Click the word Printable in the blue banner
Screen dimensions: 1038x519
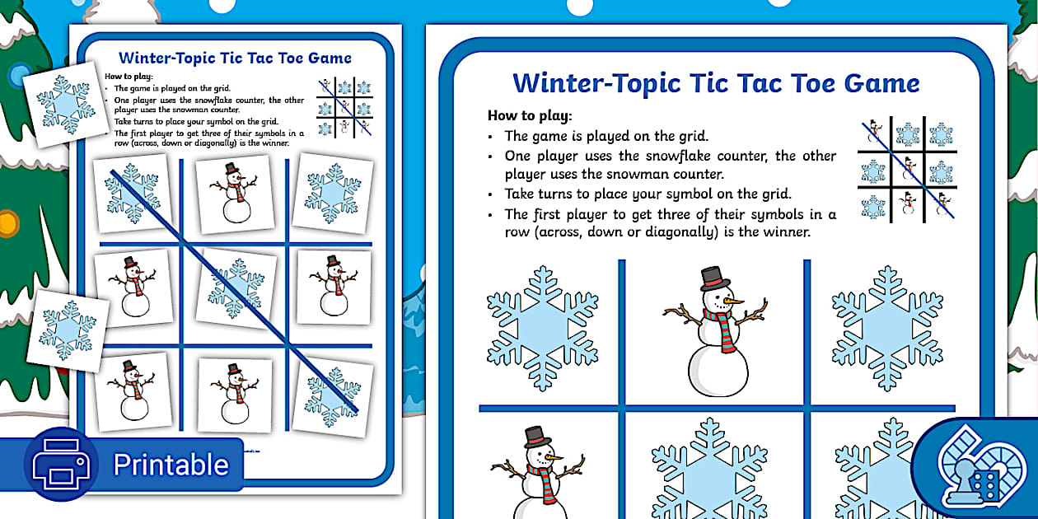(171, 465)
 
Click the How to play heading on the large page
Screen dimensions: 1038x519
(530, 115)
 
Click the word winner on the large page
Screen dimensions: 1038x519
(787, 231)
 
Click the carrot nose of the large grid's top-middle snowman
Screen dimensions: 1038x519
(732, 302)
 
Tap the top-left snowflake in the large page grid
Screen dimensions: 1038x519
(542, 328)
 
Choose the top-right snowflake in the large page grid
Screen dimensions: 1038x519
(887, 328)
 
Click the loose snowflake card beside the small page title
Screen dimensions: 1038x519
(66, 105)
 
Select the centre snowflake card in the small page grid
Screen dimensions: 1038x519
(236, 288)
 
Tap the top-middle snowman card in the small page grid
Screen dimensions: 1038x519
(235, 194)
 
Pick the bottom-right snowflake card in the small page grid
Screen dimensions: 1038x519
(332, 397)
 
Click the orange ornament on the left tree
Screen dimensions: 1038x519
(8, 223)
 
